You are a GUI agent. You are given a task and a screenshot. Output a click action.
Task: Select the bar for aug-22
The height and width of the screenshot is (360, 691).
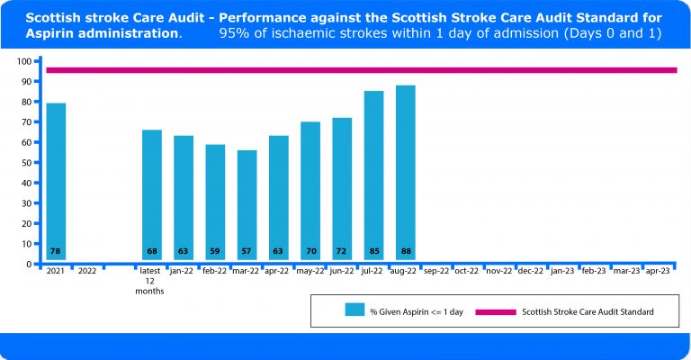click(405, 171)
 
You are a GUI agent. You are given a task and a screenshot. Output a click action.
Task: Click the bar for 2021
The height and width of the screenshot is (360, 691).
click(56, 180)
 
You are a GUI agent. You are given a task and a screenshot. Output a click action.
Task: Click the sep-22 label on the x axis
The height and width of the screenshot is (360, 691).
click(436, 271)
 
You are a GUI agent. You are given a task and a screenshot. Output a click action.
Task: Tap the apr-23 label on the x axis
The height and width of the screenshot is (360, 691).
click(658, 271)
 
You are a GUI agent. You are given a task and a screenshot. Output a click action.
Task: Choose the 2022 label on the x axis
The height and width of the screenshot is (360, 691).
click(87, 271)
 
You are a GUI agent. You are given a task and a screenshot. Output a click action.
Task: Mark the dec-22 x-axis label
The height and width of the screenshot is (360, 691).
click(531, 271)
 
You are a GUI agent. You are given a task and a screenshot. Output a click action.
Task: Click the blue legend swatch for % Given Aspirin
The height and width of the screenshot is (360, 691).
click(354, 311)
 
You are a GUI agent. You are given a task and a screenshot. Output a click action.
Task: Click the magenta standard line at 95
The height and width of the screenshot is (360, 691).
click(360, 70)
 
